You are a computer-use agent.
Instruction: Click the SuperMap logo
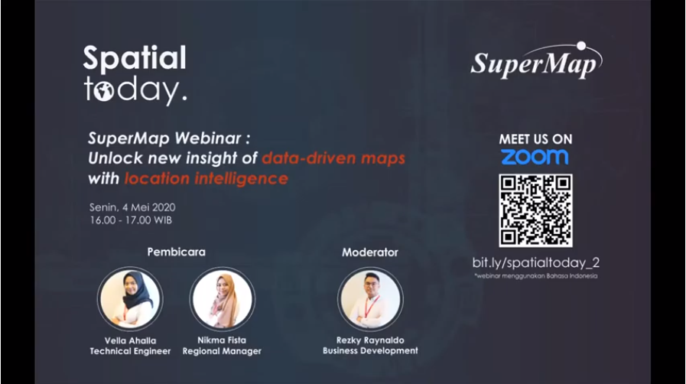536,60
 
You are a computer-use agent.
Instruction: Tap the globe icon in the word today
103,91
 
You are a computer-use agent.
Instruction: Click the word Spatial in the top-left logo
135,58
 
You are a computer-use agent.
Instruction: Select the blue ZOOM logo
535,157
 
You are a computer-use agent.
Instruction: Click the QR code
535,210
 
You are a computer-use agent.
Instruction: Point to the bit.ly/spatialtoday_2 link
536,262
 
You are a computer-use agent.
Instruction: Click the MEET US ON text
535,139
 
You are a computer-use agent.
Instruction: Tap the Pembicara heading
177,252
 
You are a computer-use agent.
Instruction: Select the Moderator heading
370,252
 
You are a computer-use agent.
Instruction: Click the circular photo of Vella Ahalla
130,299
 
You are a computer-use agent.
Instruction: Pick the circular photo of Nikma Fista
223,299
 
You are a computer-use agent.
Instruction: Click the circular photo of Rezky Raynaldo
370,299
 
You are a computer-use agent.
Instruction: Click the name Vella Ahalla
130,340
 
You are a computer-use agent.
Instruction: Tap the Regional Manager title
222,351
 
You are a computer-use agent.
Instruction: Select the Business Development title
370,351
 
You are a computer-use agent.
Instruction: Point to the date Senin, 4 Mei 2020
132,207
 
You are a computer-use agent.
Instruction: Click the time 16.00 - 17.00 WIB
131,220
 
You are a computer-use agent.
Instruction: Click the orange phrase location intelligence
206,178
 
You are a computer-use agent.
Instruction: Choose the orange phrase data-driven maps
333,158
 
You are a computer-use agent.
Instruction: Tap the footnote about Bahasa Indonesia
536,276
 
